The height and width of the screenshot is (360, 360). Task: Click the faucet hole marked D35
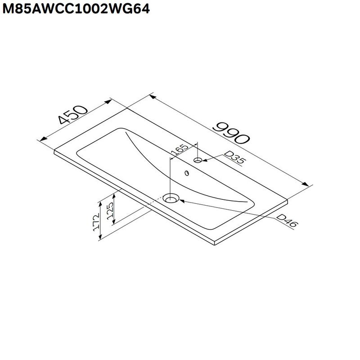(x=198, y=160)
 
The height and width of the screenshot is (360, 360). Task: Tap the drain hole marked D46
(x=171, y=198)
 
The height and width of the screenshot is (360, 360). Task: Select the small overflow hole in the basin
(x=186, y=172)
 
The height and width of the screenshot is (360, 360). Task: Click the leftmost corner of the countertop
(x=54, y=151)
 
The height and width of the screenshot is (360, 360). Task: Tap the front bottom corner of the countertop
(x=215, y=246)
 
